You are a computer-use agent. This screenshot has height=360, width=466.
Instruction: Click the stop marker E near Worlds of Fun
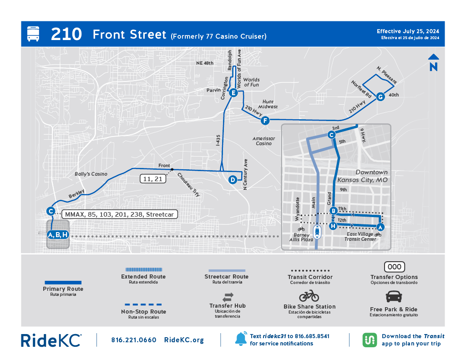click(x=233, y=93)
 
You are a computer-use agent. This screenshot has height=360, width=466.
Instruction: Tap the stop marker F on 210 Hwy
click(x=265, y=121)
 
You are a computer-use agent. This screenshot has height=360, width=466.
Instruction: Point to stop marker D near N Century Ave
click(x=233, y=179)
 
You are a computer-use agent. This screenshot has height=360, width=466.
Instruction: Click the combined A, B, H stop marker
click(x=58, y=235)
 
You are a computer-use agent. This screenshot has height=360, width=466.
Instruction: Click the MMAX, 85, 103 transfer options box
click(x=119, y=214)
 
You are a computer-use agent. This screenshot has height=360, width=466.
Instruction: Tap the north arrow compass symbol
click(x=433, y=63)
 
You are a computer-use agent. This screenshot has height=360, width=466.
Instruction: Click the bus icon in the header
click(x=33, y=34)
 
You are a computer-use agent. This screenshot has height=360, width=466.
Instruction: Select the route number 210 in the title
click(x=66, y=34)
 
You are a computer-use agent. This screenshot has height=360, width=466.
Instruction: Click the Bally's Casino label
click(x=91, y=174)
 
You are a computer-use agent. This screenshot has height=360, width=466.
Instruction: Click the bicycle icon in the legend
click(x=309, y=296)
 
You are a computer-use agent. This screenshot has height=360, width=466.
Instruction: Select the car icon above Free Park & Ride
click(x=394, y=297)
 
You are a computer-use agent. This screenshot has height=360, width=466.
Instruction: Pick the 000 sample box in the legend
click(x=394, y=267)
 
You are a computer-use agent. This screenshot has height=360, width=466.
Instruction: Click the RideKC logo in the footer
click(x=51, y=340)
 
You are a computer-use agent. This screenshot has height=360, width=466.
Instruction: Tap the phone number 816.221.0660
click(x=134, y=340)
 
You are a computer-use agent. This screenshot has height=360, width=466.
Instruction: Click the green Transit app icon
click(x=369, y=340)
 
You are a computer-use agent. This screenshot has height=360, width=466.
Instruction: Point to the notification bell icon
click(x=241, y=339)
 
